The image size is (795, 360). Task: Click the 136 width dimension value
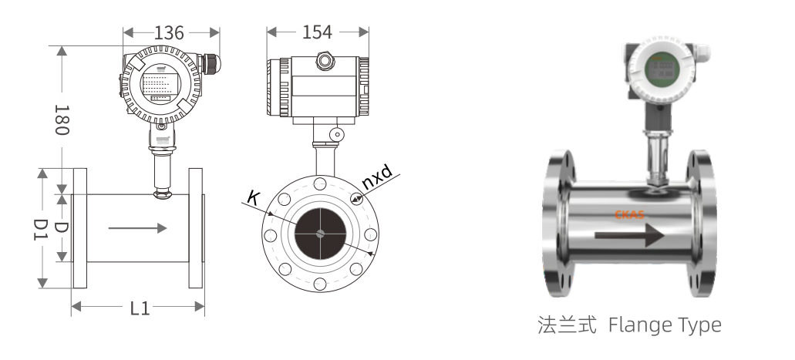[170, 32]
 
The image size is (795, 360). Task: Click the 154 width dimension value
[317, 32]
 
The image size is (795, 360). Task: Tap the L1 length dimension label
[140, 308]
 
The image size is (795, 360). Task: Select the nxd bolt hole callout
[377, 182]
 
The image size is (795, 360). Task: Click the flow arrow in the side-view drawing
[138, 228]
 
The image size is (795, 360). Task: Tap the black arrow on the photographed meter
[628, 234]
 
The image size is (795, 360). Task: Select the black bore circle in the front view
[320, 234]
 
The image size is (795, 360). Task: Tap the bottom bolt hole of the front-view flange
[320, 284]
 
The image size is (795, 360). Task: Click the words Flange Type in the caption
[665, 326]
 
